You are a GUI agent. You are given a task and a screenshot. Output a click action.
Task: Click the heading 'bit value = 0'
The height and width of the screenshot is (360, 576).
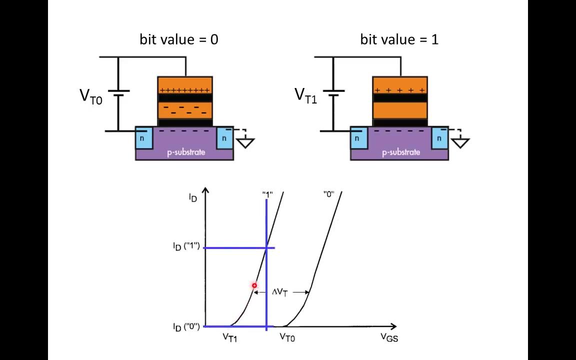pyautogui.click(x=178, y=40)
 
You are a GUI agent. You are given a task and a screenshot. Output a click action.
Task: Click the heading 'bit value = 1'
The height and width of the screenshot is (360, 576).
pyautogui.click(x=399, y=40)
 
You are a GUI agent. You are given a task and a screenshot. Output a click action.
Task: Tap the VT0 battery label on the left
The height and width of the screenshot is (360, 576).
pyautogui.click(x=91, y=96)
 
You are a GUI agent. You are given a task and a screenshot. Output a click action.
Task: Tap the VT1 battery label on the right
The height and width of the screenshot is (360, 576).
pyautogui.click(x=305, y=95)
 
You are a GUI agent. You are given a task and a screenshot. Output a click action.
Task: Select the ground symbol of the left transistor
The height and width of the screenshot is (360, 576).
pyautogui.click(x=245, y=143)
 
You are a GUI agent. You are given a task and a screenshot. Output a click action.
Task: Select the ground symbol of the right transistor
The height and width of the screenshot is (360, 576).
pyautogui.click(x=460, y=143)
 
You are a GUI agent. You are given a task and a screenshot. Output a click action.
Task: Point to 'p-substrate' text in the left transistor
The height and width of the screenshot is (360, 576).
pyautogui.click(x=186, y=152)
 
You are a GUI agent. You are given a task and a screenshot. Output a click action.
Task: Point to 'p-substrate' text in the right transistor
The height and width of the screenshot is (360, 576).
pyautogui.click(x=401, y=152)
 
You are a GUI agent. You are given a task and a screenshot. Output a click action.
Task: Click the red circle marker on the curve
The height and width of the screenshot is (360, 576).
pyautogui.click(x=254, y=286)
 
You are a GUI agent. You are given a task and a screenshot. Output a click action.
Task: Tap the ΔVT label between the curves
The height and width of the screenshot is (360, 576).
pyautogui.click(x=280, y=292)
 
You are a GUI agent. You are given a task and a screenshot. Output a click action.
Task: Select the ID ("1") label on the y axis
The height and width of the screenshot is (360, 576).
pyautogui.click(x=186, y=246)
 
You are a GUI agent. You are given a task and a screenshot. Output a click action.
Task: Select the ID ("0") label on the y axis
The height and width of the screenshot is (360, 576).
pyautogui.click(x=186, y=327)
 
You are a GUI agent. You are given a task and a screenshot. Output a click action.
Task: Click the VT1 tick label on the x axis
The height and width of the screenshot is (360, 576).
pyautogui.click(x=230, y=338)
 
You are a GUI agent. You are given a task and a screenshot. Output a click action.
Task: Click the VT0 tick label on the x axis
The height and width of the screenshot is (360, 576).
pyautogui.click(x=287, y=338)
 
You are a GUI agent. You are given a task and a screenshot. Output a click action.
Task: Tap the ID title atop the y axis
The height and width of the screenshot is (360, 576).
pyautogui.click(x=193, y=198)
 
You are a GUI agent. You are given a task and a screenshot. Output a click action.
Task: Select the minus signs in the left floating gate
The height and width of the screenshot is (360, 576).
pyautogui.click(x=184, y=108)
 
